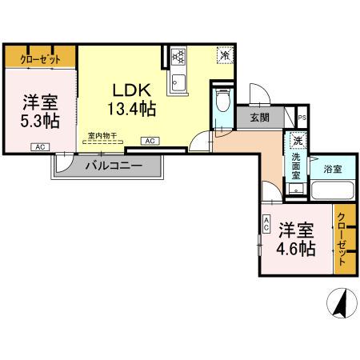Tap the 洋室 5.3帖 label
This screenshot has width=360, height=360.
[36, 112]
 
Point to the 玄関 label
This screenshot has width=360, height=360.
[260, 118]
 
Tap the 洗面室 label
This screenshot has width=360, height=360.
[295, 169]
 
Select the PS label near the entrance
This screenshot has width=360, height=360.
[302, 117]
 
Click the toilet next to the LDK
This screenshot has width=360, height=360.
[222, 105]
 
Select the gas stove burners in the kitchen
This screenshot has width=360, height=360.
[178, 57]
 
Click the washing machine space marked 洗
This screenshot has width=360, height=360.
[298, 142]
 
